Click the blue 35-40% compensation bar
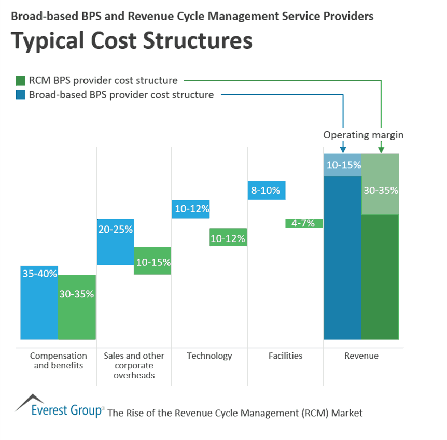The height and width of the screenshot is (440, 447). (x=39, y=303)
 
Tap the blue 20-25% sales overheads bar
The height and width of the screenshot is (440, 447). (x=115, y=242)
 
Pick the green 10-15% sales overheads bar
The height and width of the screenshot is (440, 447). (x=152, y=261)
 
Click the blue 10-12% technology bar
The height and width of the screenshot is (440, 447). (x=191, y=209)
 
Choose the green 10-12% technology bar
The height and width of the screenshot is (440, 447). (x=228, y=237)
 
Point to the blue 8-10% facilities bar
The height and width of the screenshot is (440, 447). (x=267, y=190)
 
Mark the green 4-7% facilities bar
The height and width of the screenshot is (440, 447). (x=304, y=223)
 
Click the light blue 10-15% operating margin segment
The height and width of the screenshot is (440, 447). (x=342, y=165)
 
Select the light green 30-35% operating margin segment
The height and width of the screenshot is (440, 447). (x=380, y=184)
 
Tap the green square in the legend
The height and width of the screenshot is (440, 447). (x=20, y=81)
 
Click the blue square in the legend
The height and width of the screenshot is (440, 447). (x=20, y=95)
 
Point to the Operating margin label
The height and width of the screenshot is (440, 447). (x=363, y=135)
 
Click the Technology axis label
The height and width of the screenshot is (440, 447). (x=209, y=356)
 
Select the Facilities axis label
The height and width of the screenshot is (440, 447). (x=285, y=356)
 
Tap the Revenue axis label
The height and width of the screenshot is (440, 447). (x=361, y=356)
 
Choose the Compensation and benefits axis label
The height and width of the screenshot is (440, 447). (x=58, y=361)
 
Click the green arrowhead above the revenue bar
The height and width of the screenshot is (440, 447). (x=381, y=150)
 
